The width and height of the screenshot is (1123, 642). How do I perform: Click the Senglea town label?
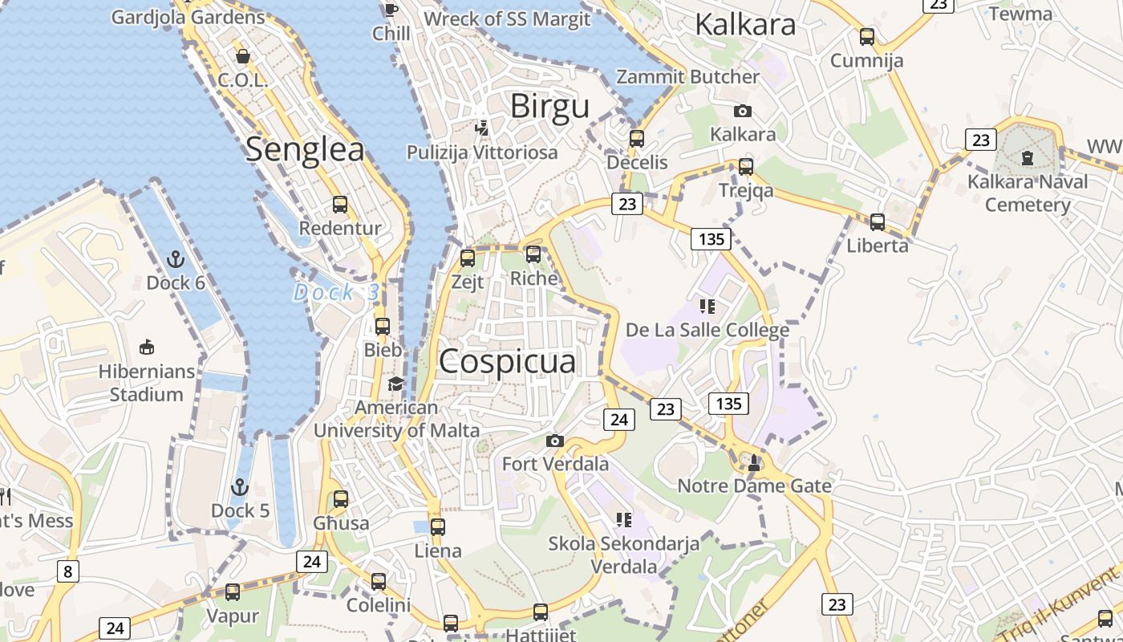(x=305, y=149)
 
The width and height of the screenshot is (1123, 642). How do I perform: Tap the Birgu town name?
(x=549, y=105)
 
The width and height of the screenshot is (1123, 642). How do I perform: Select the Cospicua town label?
(x=507, y=361)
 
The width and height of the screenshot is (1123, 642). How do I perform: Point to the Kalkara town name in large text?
(x=745, y=24)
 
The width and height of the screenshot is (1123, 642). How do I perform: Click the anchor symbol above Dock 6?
(x=175, y=258)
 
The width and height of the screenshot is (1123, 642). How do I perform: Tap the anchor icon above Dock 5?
(x=239, y=486)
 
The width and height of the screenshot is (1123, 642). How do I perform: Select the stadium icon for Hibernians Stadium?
(x=146, y=347)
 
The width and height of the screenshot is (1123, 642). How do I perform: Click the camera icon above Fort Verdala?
(x=554, y=440)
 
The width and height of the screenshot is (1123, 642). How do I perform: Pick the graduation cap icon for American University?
(x=396, y=384)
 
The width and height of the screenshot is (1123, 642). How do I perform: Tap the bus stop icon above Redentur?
(x=340, y=204)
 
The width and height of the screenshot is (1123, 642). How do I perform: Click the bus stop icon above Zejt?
(x=468, y=258)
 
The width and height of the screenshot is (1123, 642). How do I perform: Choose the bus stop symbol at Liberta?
(x=878, y=221)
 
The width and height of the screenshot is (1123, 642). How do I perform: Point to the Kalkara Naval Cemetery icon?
(x=1028, y=158)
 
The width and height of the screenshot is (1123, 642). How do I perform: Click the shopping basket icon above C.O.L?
(x=242, y=56)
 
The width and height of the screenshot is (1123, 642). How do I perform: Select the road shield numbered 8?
(x=68, y=571)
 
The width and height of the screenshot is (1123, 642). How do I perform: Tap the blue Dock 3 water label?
(x=335, y=292)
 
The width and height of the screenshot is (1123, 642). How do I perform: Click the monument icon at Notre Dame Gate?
(x=753, y=462)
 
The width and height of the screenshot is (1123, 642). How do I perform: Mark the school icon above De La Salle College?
(x=707, y=306)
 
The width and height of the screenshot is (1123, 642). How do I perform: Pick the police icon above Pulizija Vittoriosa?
(x=482, y=127)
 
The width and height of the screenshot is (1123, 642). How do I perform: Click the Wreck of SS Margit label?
(x=507, y=18)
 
